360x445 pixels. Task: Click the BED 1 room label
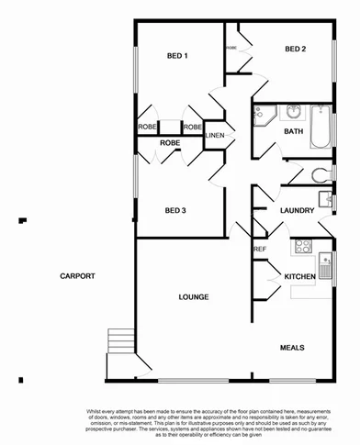click(x=177, y=56)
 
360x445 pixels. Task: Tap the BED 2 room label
click(x=295, y=49)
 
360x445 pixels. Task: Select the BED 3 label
click(x=175, y=211)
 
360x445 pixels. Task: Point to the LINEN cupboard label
click(x=214, y=136)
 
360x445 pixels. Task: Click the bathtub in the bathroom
click(x=321, y=128)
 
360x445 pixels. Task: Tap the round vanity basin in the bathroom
click(x=293, y=113)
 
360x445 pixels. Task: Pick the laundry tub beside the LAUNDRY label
click(x=326, y=197)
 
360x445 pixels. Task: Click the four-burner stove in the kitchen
click(x=302, y=246)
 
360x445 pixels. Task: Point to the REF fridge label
click(x=259, y=249)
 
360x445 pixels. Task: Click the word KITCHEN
click(x=299, y=276)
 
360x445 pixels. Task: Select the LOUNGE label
click(x=193, y=296)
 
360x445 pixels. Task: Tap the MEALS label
click(x=292, y=348)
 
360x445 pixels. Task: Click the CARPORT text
click(x=78, y=276)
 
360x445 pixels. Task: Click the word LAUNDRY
click(x=298, y=211)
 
